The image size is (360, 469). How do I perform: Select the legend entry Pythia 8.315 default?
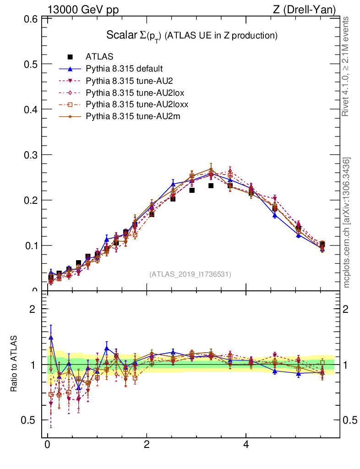(124, 69)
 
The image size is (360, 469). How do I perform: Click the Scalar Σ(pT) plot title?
(192, 35)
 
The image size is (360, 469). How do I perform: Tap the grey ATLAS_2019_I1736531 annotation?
(190, 274)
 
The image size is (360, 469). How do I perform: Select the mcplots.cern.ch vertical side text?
(347, 223)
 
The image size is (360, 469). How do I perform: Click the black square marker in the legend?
(70, 57)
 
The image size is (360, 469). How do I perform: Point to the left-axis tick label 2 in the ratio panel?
(33, 309)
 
